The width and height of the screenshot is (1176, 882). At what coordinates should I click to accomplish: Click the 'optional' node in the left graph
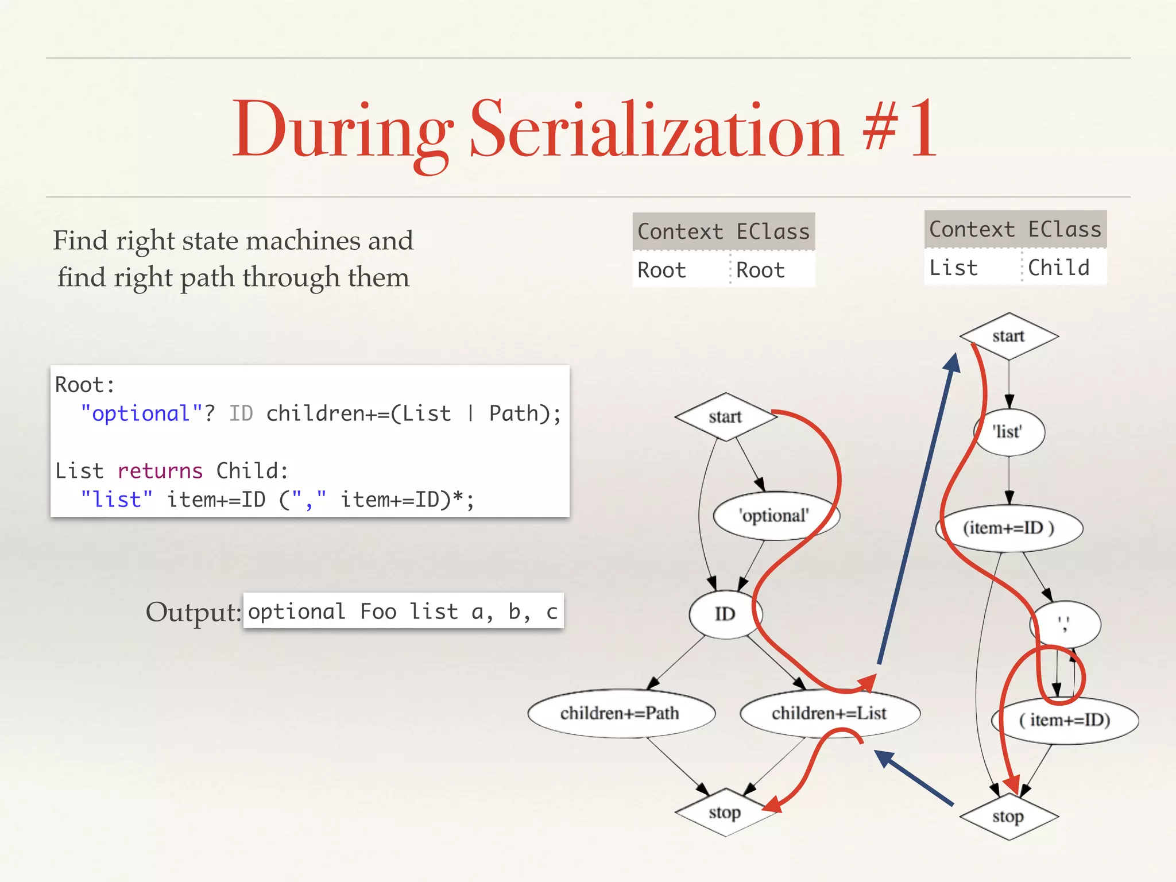pyautogui.click(x=775, y=516)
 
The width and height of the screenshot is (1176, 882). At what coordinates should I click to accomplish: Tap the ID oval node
pyautogui.click(x=725, y=614)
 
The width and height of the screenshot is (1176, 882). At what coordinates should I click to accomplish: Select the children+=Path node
pyautogui.click(x=620, y=713)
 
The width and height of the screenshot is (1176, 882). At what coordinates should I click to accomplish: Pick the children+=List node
pyautogui.click(x=829, y=713)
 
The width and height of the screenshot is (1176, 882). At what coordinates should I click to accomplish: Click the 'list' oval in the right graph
pyautogui.click(x=1008, y=432)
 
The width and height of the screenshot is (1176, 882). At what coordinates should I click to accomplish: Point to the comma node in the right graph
pyautogui.click(x=1066, y=624)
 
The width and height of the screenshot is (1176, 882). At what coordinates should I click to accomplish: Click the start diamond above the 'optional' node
pyautogui.click(x=725, y=416)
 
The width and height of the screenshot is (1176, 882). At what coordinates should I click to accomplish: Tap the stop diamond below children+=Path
pyautogui.click(x=725, y=813)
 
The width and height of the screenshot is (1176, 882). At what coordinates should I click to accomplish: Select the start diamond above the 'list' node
pyautogui.click(x=1008, y=336)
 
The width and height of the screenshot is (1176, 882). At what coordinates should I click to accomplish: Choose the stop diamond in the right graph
pyautogui.click(x=1008, y=816)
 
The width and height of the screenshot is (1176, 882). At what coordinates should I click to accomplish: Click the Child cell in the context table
pyautogui.click(x=1059, y=268)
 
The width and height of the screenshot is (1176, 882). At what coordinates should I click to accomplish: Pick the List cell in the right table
pyautogui.click(x=954, y=268)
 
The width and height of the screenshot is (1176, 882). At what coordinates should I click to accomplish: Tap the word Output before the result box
pyautogui.click(x=192, y=612)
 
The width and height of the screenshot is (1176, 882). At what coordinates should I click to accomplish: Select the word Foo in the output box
pyautogui.click(x=378, y=612)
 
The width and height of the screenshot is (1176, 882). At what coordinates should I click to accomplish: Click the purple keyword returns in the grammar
pyautogui.click(x=160, y=471)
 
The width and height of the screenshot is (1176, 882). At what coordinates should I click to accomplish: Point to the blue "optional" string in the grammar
pyautogui.click(x=141, y=413)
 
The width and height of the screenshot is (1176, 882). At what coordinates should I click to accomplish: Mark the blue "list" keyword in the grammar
pyautogui.click(x=117, y=500)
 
